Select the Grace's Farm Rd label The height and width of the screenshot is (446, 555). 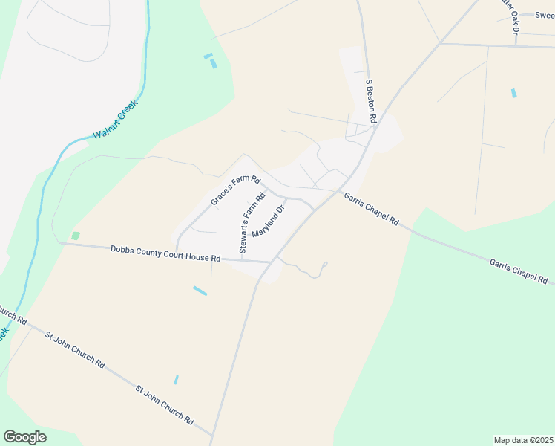pyautogui.click(x=234, y=190)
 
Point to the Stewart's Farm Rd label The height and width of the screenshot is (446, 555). pyautogui.click(x=252, y=224)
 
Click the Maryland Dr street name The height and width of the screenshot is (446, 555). pyautogui.click(x=269, y=222)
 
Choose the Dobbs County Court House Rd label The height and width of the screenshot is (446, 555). pyautogui.click(x=165, y=253)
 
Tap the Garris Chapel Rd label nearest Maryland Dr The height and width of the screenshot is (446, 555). pyautogui.click(x=371, y=209)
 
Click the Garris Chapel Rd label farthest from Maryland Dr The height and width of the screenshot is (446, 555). pyautogui.click(x=518, y=271)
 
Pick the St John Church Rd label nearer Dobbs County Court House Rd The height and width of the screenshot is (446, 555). pyautogui.click(x=74, y=348)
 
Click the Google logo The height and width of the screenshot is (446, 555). pyautogui.click(x=24, y=437)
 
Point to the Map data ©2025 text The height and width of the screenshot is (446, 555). pyautogui.click(x=522, y=440)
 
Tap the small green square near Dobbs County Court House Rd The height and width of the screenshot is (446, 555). pyautogui.click(x=75, y=236)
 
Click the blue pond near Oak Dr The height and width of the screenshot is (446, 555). pyautogui.click(x=513, y=93)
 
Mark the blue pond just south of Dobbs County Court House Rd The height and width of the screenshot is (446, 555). pyautogui.click(x=200, y=291)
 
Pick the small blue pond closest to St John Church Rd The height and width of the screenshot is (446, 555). pyautogui.click(x=176, y=379)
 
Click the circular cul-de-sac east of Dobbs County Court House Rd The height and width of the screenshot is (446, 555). pyautogui.click(x=325, y=264)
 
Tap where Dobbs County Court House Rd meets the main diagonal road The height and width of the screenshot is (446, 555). pyautogui.click(x=272, y=262)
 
